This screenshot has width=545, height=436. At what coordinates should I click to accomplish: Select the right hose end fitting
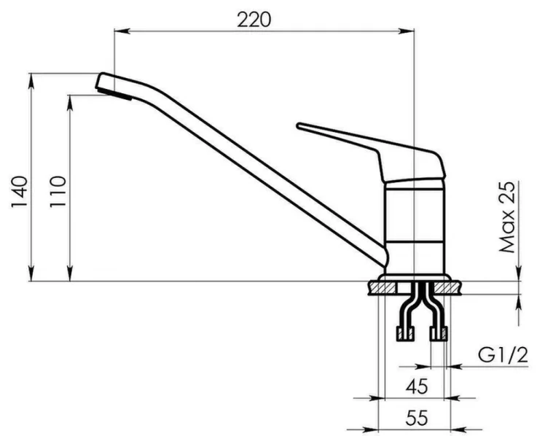(439, 335)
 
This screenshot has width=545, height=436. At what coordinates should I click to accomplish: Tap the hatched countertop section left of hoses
(381, 289)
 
